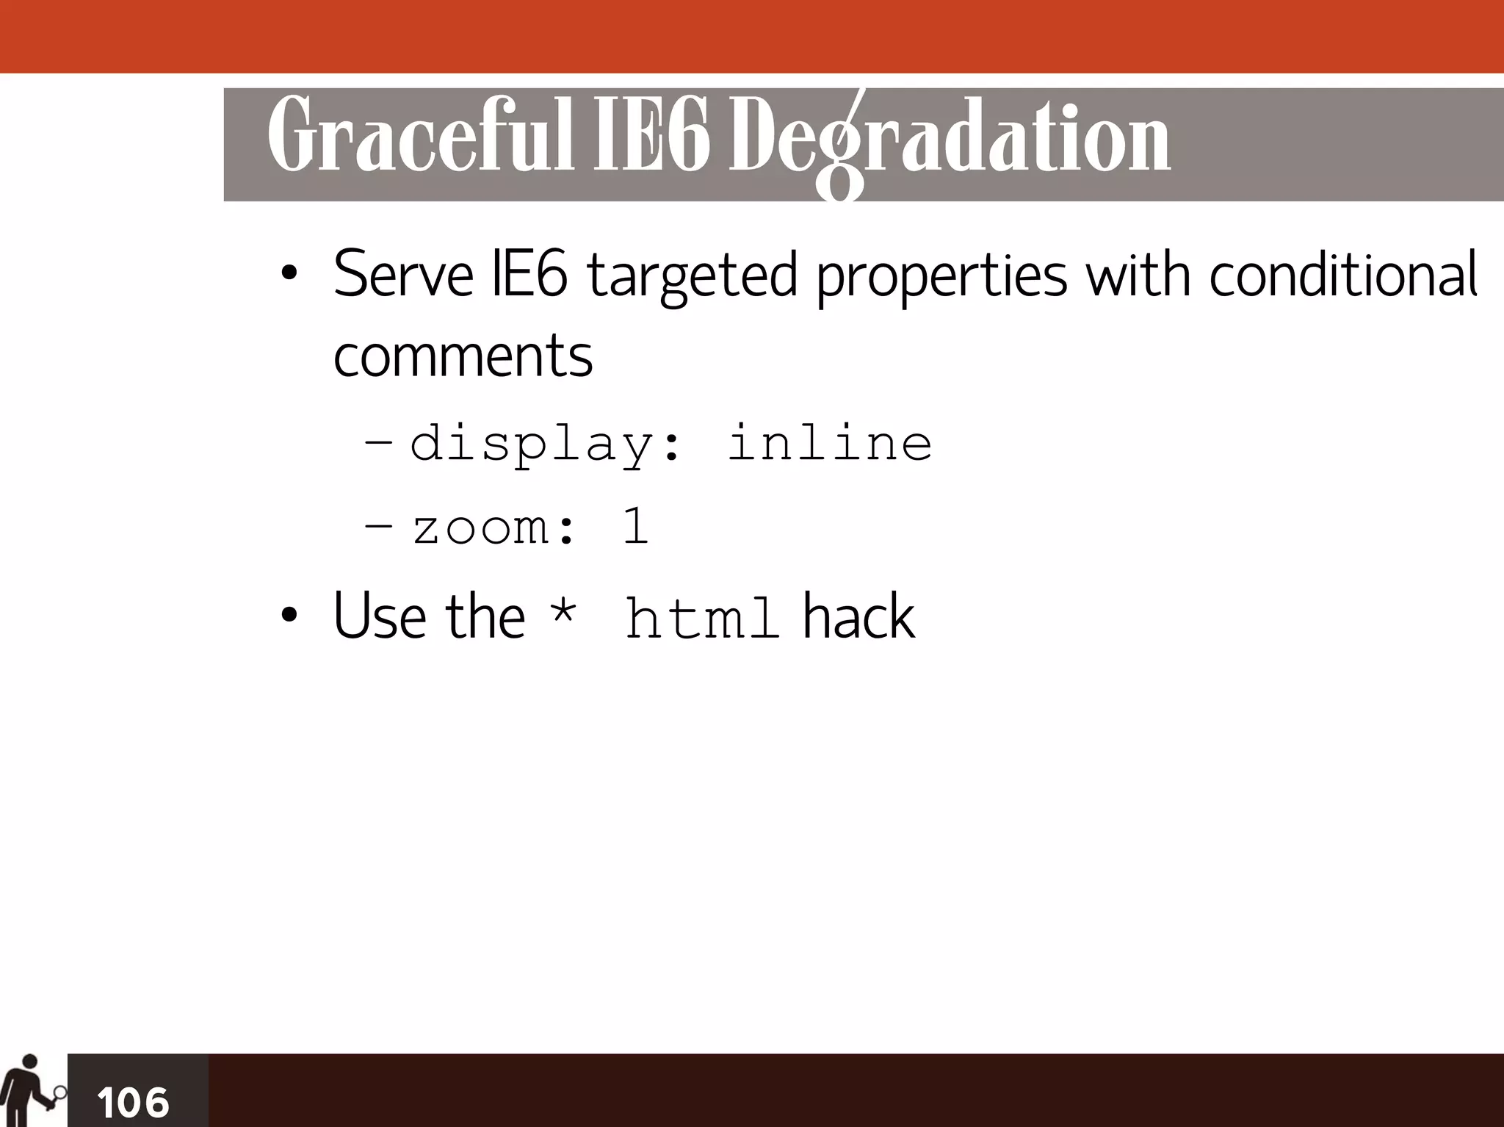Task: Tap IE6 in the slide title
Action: click(x=651, y=136)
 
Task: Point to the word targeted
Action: click(x=692, y=278)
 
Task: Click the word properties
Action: click(x=941, y=278)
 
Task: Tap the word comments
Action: click(x=463, y=356)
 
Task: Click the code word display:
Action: click(x=545, y=444)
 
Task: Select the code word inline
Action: click(x=829, y=442)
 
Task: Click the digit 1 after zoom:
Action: click(x=635, y=526)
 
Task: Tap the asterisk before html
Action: click(x=563, y=612)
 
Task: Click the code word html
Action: click(x=701, y=618)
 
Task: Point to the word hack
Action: click(x=858, y=616)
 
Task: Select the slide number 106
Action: click(x=133, y=1102)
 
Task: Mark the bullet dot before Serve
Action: click(x=289, y=274)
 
